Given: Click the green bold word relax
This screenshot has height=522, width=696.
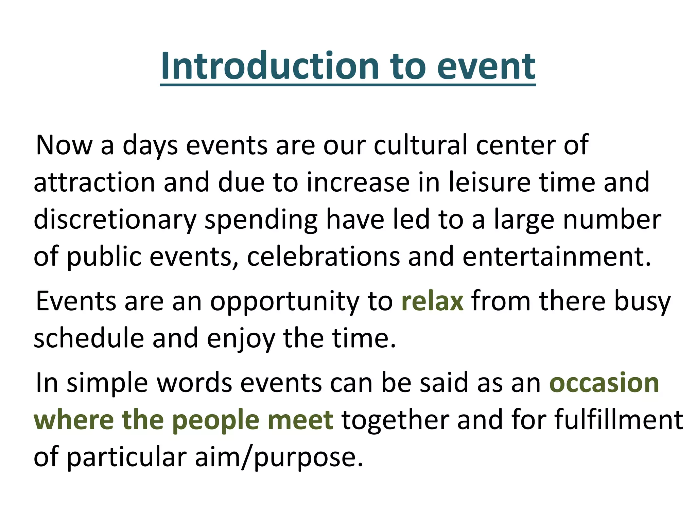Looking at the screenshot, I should click(432, 301).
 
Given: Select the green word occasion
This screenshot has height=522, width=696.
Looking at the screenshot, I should click(604, 383).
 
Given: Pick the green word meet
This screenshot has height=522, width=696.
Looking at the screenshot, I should click(300, 420).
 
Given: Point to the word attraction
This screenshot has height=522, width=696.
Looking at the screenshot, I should click(94, 182).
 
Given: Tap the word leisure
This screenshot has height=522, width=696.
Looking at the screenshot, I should click(490, 182).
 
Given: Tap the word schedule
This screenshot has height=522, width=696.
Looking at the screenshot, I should click(89, 338).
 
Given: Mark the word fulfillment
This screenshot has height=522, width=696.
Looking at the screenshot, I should click(618, 420).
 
